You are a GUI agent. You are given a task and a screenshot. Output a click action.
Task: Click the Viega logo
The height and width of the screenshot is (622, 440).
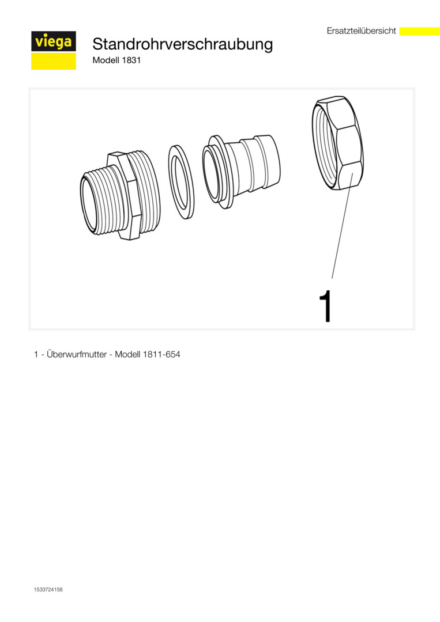54,50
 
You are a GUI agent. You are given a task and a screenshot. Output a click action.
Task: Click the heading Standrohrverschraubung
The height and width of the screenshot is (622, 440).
183,44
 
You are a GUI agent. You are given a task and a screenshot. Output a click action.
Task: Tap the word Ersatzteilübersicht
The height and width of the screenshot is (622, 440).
362,31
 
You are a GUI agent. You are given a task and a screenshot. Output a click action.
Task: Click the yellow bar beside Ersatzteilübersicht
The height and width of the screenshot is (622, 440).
419,31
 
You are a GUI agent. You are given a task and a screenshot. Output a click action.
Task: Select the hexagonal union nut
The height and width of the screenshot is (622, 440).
337,143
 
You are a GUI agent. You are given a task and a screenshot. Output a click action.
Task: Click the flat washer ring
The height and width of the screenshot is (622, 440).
181,182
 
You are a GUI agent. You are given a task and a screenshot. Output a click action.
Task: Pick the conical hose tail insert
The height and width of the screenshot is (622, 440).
241,169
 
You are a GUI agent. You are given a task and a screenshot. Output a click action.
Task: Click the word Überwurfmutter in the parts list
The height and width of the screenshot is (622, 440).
77,354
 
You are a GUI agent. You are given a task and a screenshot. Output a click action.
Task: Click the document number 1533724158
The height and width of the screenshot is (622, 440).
48,590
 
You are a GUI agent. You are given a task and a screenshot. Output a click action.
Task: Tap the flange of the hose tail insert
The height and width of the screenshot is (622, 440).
217,171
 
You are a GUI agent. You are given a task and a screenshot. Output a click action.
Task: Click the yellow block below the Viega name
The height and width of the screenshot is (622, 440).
54,61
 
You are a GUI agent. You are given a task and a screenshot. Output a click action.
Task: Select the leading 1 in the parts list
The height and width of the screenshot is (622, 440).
36,355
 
